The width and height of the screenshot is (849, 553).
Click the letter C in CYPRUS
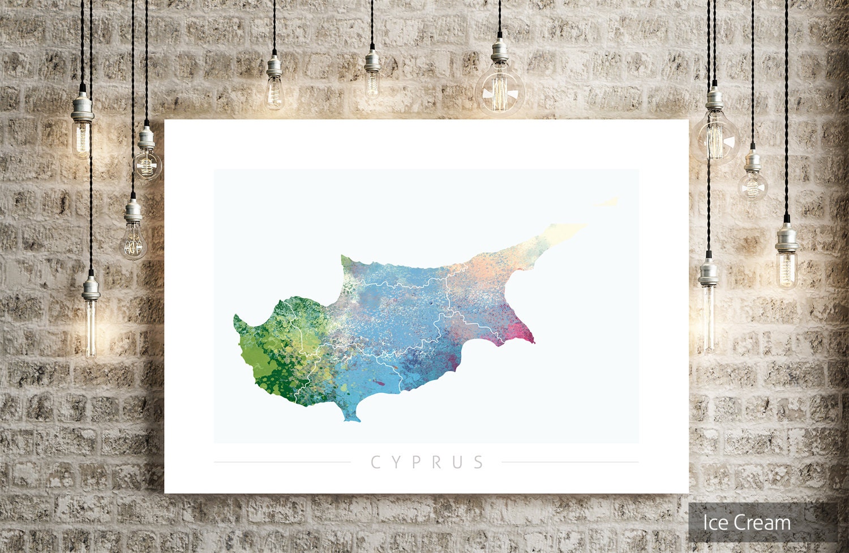tap(375, 462)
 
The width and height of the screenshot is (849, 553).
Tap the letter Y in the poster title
tap(396, 462)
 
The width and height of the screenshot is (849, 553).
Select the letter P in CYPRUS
tap(417, 462)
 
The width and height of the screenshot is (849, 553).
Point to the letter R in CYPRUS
tap(437, 462)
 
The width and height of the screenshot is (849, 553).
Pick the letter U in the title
tap(458, 462)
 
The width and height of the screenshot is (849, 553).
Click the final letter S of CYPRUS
tap(479, 462)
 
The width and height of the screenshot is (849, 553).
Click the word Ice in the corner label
tap(714, 523)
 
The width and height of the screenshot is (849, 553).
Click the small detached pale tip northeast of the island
tap(607, 202)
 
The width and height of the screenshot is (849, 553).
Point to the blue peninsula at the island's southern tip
tap(351, 416)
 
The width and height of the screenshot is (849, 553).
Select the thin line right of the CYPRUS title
tap(570, 462)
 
